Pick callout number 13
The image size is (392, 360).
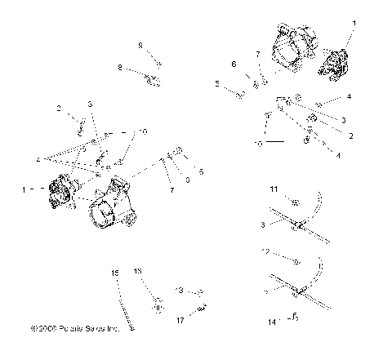point(178,290)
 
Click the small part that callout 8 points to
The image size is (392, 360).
point(152,79)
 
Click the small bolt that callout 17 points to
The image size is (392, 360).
point(202,308)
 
